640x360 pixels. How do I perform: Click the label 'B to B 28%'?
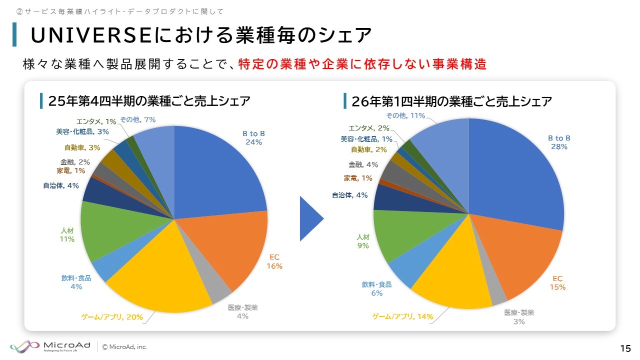(559, 142)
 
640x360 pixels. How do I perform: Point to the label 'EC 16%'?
(274, 261)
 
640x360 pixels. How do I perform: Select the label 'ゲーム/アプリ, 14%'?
(402, 316)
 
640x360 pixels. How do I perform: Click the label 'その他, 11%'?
(405, 115)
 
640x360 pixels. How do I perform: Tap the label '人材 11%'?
(67, 235)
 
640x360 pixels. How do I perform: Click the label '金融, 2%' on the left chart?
(75, 162)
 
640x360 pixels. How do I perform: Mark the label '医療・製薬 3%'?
(519, 317)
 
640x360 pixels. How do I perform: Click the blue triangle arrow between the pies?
(310, 218)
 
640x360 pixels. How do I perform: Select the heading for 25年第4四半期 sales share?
(148, 101)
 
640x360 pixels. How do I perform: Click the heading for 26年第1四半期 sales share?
(451, 101)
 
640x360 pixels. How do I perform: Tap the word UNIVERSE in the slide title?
(91, 35)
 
